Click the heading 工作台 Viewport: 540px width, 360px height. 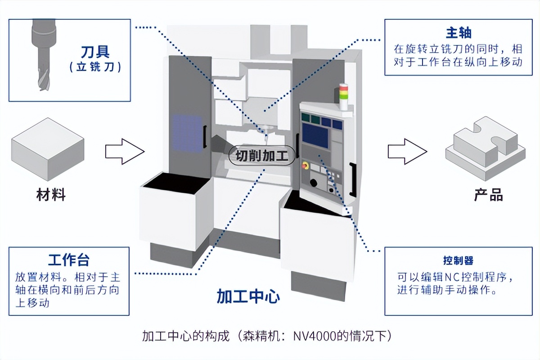pos(68,260)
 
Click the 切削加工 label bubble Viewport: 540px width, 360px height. pos(262,156)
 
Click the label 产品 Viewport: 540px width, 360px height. pos(488,195)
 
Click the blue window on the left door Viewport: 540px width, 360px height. pos(187,133)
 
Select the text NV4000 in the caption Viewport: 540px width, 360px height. pos(314,336)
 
